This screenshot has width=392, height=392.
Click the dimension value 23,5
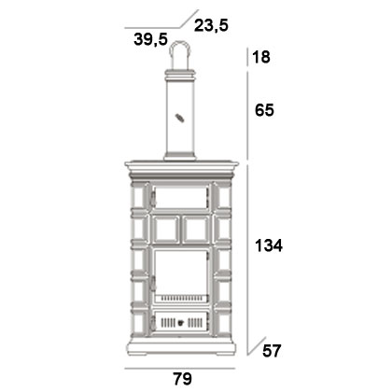tap(211, 25)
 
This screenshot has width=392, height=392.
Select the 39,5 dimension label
tap(151, 39)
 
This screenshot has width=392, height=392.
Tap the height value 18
tap(261, 57)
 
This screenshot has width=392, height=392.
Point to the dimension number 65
tap(264, 110)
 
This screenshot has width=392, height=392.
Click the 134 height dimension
tap(269, 245)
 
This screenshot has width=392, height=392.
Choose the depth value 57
tap(272, 351)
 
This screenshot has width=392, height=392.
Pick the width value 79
tap(183, 379)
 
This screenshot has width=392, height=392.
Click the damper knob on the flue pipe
tap(179, 119)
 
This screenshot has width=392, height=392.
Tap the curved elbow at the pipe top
tap(180, 47)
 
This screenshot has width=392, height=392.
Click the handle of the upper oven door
tap(153, 199)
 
